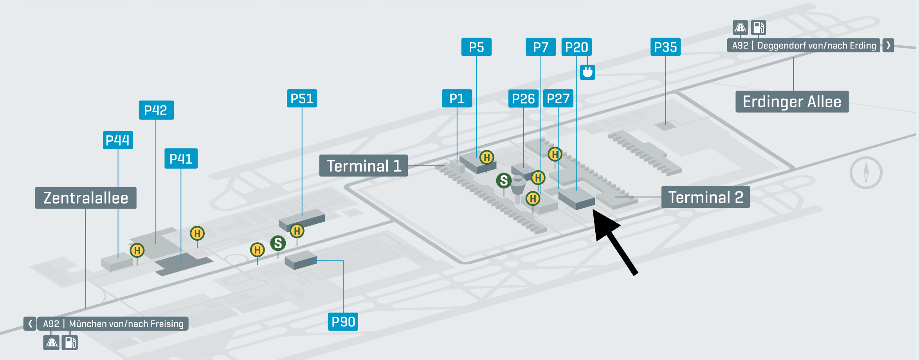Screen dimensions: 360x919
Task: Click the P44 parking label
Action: [118, 140]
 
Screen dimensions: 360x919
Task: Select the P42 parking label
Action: [156, 110]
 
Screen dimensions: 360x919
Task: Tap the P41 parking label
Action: [181, 158]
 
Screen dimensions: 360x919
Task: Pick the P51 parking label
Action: [302, 98]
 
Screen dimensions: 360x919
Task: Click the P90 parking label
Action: [343, 322]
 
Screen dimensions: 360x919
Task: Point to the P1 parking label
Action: [457, 98]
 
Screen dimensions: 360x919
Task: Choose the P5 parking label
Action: [476, 47]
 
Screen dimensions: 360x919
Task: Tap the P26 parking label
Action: [523, 98]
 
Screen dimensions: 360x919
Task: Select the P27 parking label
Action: [558, 98]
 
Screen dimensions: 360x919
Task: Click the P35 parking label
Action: [665, 47]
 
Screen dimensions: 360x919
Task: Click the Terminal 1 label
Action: [364, 166]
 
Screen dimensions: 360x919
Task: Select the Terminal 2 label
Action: [705, 197]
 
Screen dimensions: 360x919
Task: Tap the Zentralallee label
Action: [86, 198]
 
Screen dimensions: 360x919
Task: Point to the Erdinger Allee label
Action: [792, 102]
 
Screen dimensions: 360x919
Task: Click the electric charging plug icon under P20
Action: [587, 72]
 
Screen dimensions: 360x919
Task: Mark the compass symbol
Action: [866, 173]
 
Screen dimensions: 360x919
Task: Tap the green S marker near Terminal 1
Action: [504, 180]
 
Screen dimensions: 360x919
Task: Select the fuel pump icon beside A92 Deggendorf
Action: [759, 27]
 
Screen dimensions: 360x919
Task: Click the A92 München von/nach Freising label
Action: [113, 324]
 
